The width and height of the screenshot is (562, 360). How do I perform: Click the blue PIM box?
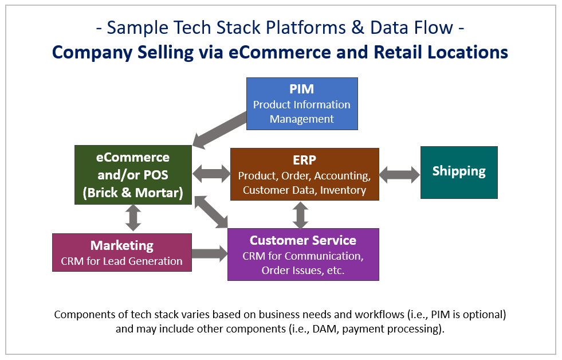click(x=302, y=104)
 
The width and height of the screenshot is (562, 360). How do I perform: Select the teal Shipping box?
click(x=459, y=172)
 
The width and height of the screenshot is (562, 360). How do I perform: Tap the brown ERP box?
click(x=304, y=174)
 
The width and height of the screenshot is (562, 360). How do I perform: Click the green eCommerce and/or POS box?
click(x=133, y=175)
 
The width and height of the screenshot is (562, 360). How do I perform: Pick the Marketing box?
click(x=121, y=252)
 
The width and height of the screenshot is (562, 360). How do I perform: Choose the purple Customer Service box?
click(x=302, y=255)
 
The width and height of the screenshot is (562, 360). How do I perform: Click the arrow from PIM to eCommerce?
click(x=221, y=129)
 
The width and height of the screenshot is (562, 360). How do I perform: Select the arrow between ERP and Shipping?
click(x=399, y=174)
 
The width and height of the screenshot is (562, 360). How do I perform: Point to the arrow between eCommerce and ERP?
click(x=211, y=173)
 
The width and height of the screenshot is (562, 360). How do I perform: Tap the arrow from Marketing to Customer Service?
click(x=209, y=253)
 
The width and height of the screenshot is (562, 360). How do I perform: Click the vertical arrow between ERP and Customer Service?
click(x=300, y=215)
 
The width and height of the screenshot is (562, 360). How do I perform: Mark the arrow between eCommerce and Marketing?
click(x=133, y=218)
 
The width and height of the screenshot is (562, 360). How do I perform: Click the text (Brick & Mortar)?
click(x=133, y=193)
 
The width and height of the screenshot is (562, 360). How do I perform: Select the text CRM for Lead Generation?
click(x=121, y=261)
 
